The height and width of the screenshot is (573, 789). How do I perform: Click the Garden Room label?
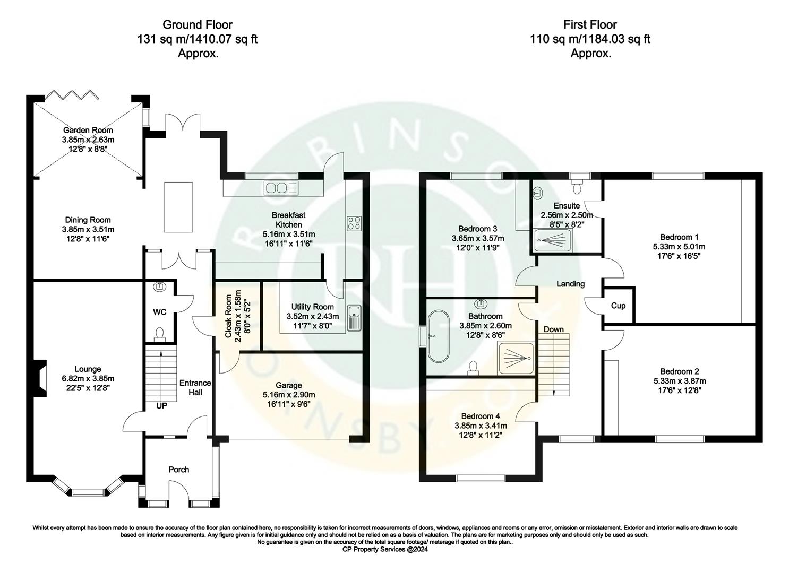coord(88,130)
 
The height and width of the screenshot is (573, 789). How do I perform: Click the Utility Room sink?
coord(354,318)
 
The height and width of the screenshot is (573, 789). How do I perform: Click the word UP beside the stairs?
coord(161,406)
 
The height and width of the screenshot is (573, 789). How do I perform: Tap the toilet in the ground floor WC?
coord(159,334)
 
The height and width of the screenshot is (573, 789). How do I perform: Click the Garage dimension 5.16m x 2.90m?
coord(289,395)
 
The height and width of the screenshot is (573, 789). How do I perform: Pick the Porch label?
coord(178,470)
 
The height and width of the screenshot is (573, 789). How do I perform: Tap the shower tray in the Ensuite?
coord(552,240)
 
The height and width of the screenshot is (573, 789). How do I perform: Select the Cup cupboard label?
coord(618,306)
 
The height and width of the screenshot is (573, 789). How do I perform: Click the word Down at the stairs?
coord(553,329)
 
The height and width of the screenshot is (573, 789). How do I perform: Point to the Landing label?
coord(570,284)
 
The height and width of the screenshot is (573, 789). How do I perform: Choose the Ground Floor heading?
coord(197,24)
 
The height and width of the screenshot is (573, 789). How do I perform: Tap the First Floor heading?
coord(590,24)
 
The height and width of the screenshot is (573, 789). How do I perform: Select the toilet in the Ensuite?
coord(577,187)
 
